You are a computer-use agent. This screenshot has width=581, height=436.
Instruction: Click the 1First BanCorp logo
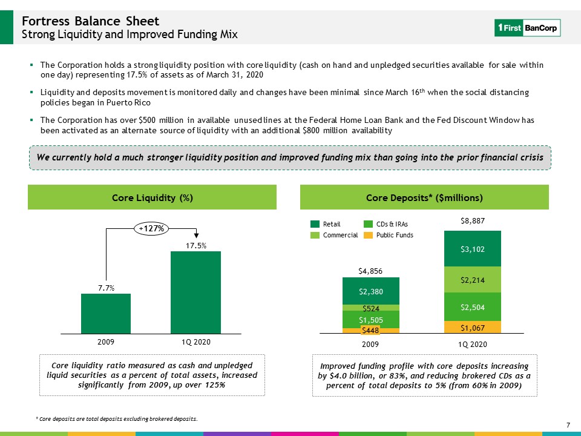pos(527,28)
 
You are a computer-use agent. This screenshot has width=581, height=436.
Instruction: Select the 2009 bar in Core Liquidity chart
pos(106,314)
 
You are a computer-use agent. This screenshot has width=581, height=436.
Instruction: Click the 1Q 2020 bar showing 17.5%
pos(195,292)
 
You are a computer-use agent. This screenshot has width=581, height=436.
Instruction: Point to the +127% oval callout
pos(151,228)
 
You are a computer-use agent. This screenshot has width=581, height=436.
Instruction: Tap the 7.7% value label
pos(106,288)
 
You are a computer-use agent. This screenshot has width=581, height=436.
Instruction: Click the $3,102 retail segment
pos(473,249)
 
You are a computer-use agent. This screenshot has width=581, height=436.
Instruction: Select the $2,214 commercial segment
pos(473,280)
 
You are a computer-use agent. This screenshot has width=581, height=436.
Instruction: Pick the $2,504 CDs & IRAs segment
pos(473,306)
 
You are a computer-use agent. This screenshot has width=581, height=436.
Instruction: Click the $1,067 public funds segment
pos(473,327)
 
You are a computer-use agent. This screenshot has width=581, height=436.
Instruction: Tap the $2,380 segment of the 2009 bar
pos(371,291)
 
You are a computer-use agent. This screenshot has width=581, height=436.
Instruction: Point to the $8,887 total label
pos(473,221)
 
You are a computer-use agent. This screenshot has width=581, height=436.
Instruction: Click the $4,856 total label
pos(370,271)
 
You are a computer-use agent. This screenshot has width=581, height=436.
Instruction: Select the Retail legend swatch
pos(315,224)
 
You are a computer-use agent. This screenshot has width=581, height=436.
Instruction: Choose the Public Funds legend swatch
pos(368,235)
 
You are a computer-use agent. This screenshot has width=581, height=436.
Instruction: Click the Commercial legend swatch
pos(315,235)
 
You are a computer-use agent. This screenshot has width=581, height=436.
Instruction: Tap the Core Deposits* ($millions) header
pos(424,197)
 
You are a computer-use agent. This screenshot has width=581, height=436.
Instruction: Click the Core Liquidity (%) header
pos(153,197)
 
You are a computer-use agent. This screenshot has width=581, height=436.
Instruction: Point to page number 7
pos(568,425)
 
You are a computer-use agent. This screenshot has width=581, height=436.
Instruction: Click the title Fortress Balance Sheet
pos(90,21)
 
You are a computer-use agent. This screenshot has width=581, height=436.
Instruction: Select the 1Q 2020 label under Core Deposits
pos(473,344)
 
